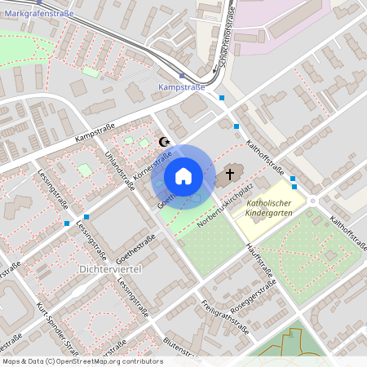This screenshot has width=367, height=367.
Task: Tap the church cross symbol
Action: point(230,173)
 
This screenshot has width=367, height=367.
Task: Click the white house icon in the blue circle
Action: point(183,176)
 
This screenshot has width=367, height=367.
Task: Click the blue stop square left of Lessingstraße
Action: point(66,223)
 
